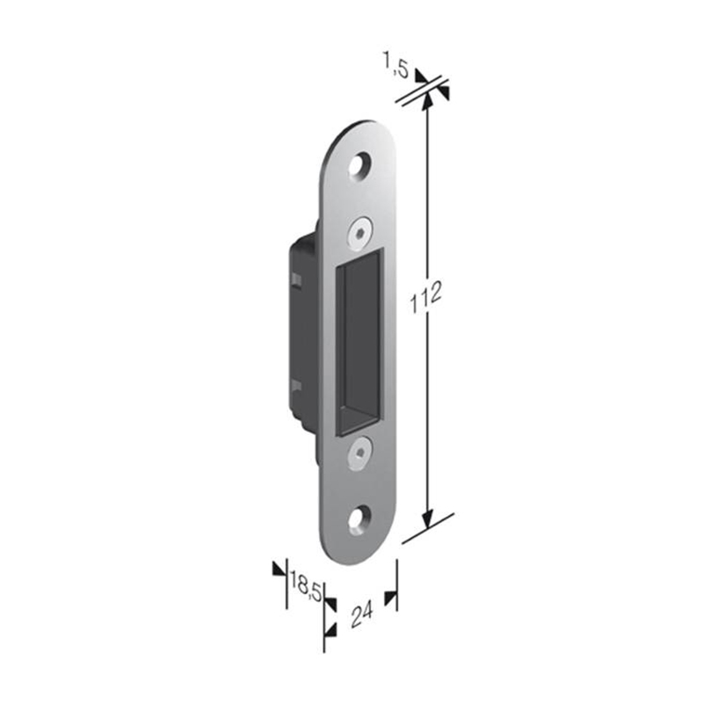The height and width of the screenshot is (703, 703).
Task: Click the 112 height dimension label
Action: (426, 296)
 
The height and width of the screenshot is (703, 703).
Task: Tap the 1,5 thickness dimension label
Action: (396, 64)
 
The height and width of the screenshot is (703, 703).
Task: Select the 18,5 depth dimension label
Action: (306, 586)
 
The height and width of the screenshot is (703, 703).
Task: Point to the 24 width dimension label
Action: (362, 615)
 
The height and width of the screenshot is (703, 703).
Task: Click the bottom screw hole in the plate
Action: (360, 520)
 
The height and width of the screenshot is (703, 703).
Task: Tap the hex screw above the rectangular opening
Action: (360, 233)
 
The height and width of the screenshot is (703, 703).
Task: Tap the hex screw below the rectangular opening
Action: (359, 453)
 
